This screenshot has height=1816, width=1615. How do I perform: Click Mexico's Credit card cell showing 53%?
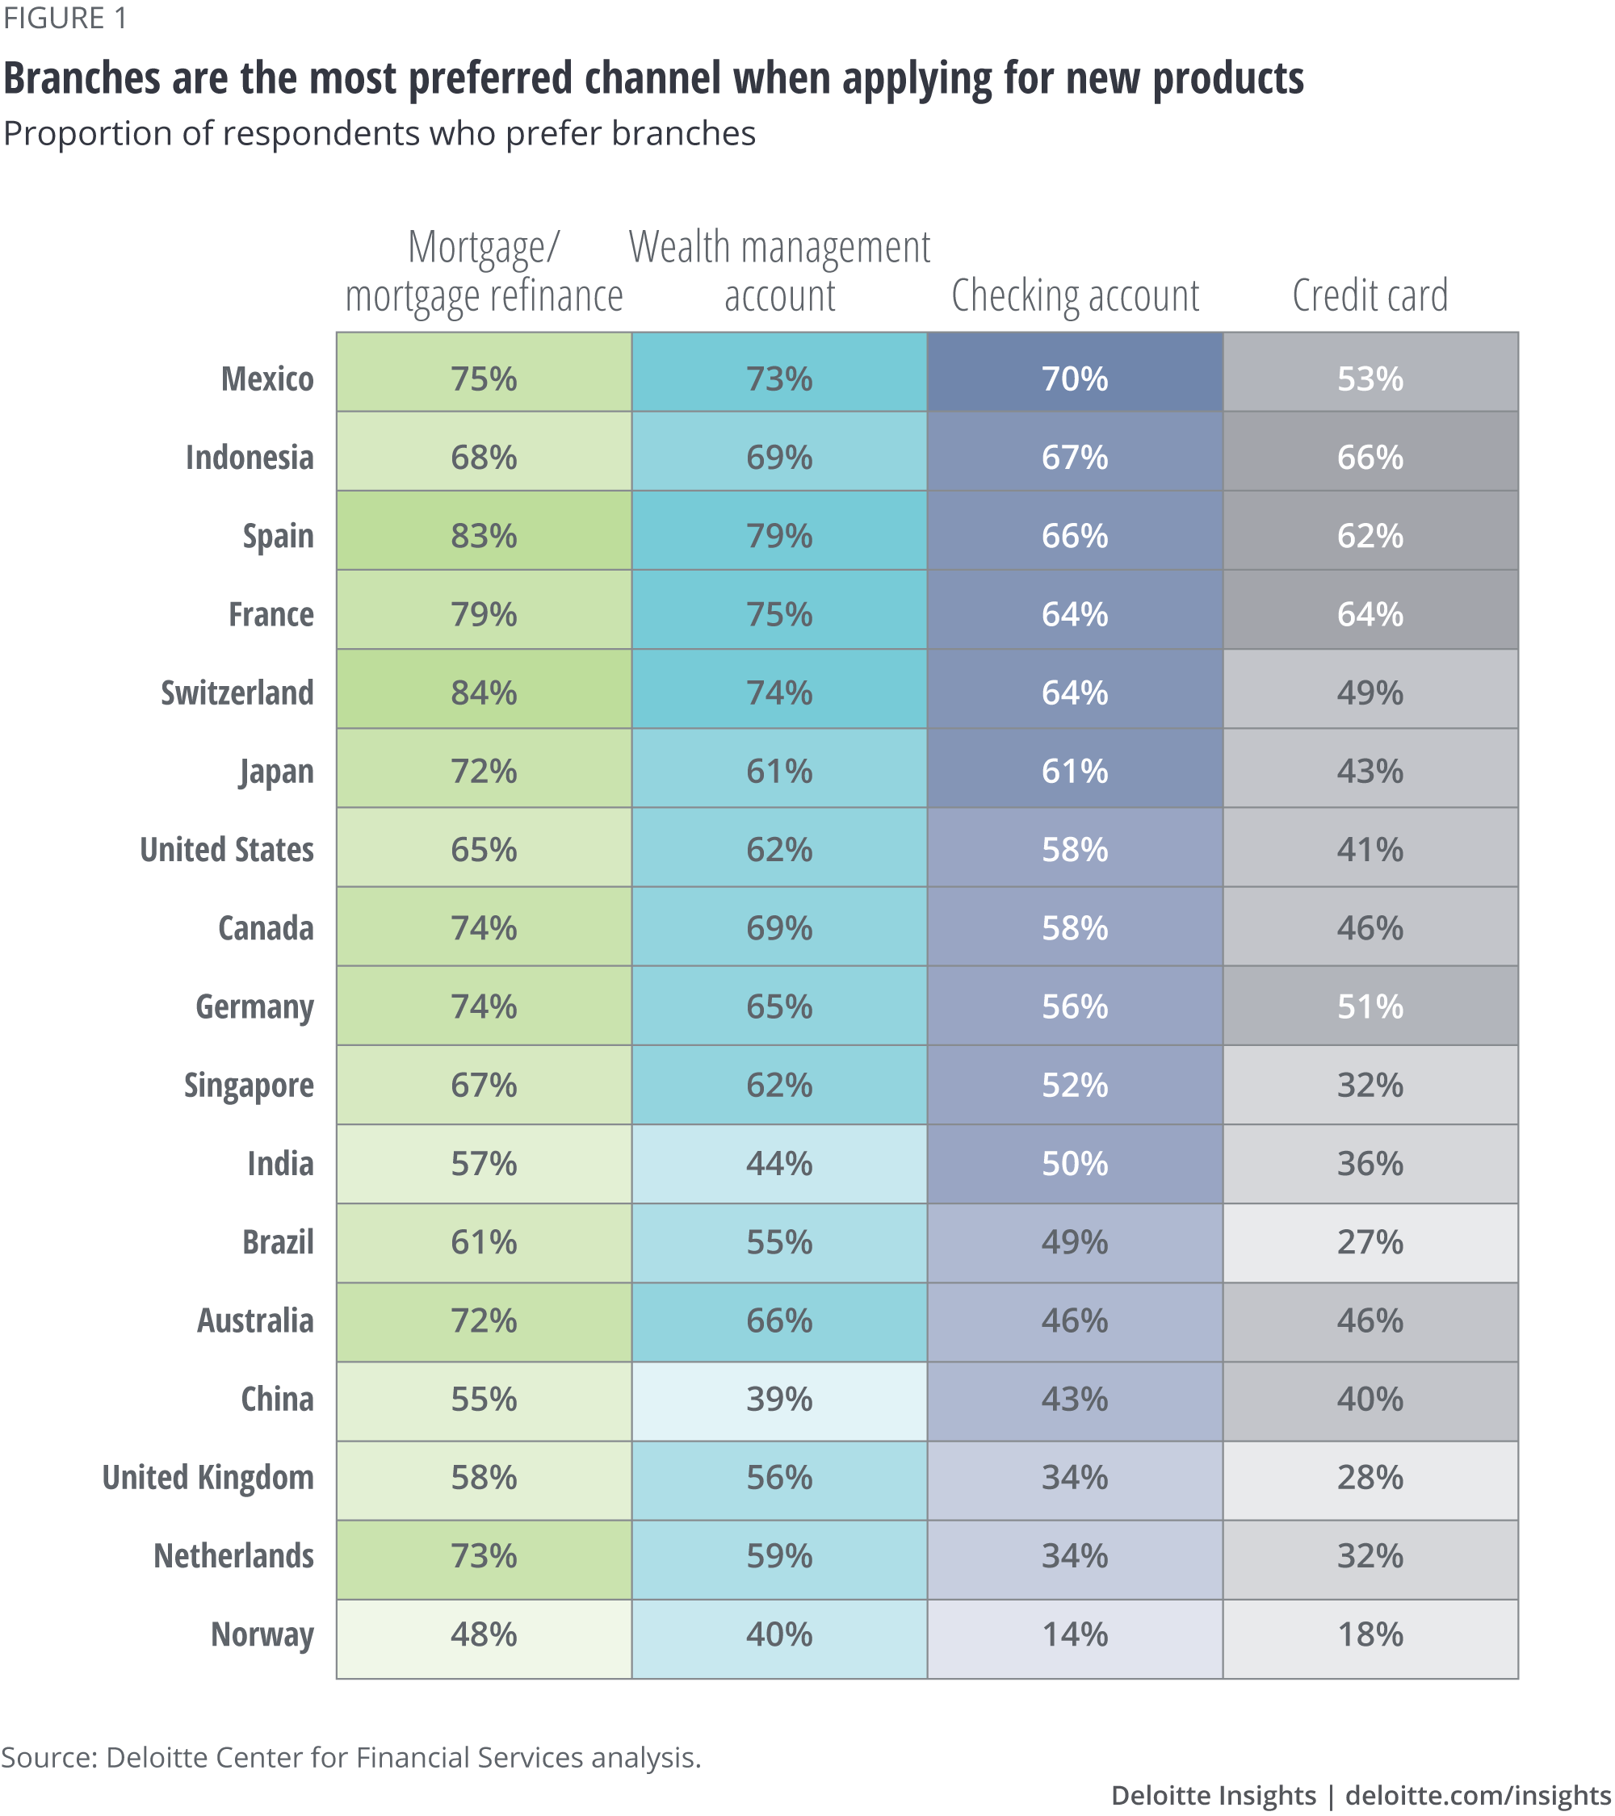click(x=1370, y=379)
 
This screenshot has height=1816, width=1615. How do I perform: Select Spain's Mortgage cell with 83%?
click(x=484, y=536)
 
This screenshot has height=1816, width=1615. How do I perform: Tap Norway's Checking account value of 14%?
click(x=1075, y=1634)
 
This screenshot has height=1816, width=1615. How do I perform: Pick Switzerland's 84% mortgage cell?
click(x=484, y=693)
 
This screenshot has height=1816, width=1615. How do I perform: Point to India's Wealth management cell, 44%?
click(x=778, y=1163)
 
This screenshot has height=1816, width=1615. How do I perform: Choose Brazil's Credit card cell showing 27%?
click(x=1370, y=1242)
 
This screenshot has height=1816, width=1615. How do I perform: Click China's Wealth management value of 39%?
click(x=778, y=1400)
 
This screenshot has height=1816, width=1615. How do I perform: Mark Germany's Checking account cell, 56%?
click(x=1075, y=1006)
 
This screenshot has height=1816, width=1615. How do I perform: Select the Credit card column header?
click(x=1370, y=295)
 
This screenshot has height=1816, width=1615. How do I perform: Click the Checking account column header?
click(x=1075, y=295)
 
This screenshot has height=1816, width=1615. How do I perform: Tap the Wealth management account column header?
click(x=778, y=271)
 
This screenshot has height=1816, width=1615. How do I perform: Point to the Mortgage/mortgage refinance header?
click(x=484, y=271)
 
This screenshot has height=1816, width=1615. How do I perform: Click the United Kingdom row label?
click(x=208, y=1478)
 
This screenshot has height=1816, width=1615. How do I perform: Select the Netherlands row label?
click(x=233, y=1555)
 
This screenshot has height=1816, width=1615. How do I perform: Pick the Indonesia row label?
click(x=250, y=458)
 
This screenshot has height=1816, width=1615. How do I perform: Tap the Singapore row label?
click(x=249, y=1086)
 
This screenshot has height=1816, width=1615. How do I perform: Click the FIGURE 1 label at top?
click(x=65, y=19)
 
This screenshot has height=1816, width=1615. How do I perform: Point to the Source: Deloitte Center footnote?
click(x=351, y=1757)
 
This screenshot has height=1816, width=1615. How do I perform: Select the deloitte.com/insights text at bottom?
click(x=1477, y=1795)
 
